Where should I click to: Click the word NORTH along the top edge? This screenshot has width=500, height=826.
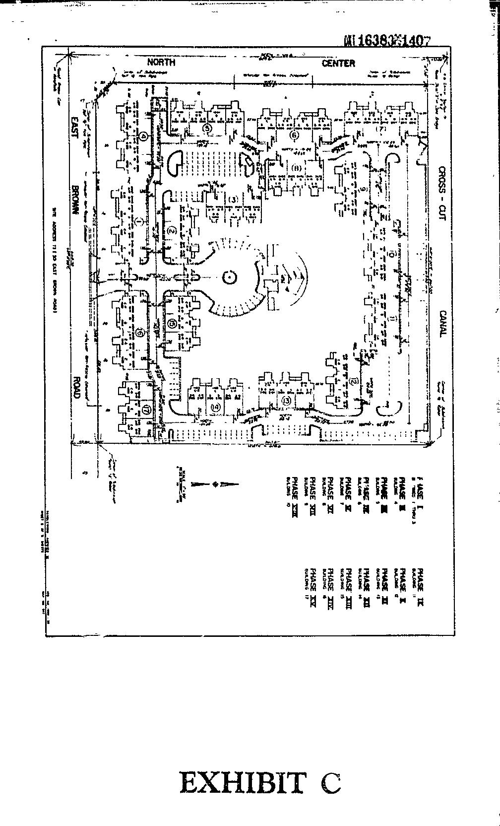(162, 62)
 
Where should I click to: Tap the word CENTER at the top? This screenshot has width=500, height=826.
(338, 63)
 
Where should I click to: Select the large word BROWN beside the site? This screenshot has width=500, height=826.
(75, 200)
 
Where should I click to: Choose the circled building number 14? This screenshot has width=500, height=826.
(215, 407)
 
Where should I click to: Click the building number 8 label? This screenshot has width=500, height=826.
(297, 168)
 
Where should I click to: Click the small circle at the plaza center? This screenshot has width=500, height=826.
(229, 276)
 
